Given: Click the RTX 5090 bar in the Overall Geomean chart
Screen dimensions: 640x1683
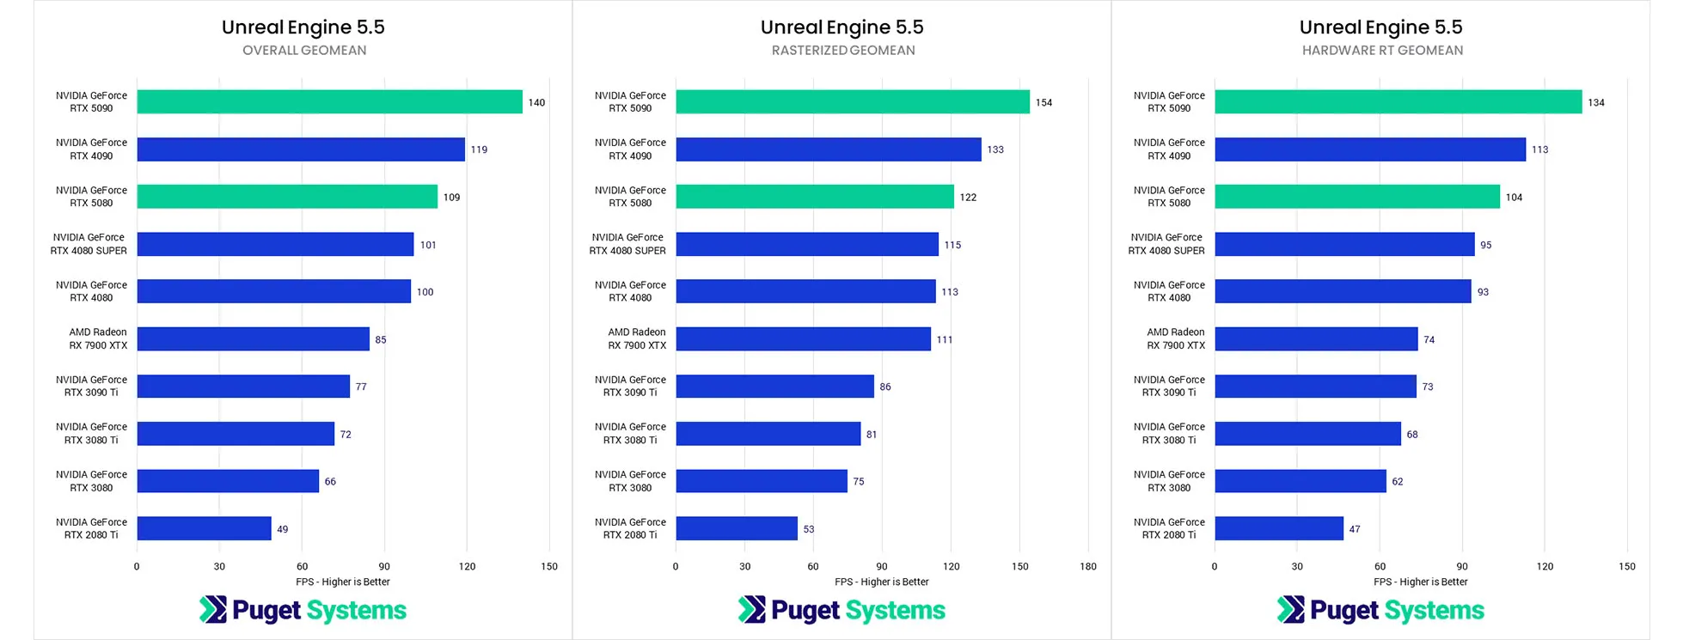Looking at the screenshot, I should (329, 101).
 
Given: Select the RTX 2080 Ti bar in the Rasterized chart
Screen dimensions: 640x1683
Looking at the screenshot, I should (737, 528).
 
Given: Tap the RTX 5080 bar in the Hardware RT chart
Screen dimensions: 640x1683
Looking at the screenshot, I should (1357, 197).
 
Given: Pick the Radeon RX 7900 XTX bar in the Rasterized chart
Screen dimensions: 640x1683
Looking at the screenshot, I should (803, 338).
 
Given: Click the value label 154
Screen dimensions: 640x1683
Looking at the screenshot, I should (1043, 102).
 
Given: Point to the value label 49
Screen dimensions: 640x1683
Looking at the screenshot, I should (282, 529).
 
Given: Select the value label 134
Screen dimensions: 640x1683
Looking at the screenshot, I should (1595, 102).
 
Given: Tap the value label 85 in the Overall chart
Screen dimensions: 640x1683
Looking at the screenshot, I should (380, 339).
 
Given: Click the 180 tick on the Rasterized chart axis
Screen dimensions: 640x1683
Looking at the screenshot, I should (1087, 566).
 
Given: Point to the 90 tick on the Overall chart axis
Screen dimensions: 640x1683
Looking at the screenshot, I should (384, 566).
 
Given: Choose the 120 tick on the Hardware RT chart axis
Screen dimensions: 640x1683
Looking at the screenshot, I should (1545, 566).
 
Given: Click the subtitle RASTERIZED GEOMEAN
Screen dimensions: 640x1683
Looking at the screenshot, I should (842, 50).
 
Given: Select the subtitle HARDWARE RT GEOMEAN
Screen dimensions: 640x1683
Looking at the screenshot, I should (1381, 50).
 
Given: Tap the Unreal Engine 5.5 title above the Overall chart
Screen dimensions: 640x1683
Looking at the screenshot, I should (303, 27).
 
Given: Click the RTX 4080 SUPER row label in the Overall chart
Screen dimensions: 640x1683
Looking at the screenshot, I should (89, 244).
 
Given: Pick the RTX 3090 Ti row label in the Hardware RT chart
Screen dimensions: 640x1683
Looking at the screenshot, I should (1169, 386).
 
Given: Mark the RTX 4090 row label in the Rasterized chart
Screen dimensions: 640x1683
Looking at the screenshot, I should (630, 149).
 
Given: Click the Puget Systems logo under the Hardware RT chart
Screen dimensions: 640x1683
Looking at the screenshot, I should (1380, 610).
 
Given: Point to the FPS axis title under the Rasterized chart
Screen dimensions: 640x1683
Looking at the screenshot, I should (881, 582).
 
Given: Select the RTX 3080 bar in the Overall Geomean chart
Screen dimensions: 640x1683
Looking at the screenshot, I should (228, 481).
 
